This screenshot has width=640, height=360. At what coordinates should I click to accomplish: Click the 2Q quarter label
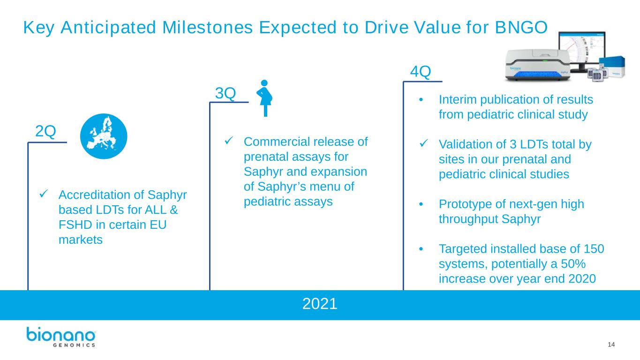[x=45, y=131]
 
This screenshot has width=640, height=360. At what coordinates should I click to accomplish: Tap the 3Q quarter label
[x=226, y=93]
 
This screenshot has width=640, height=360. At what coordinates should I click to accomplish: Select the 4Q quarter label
[x=421, y=71]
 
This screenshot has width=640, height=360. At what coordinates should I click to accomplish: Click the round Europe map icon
[x=104, y=136]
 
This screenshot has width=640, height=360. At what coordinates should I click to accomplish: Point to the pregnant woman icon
[x=264, y=98]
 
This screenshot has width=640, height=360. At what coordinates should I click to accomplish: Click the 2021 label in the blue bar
[x=320, y=304]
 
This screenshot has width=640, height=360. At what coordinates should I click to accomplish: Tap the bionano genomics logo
[x=61, y=337]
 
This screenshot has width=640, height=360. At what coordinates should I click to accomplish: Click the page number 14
[x=611, y=345]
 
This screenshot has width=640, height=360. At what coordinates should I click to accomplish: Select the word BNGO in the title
[x=521, y=28]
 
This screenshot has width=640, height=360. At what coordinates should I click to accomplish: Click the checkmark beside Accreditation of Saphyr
[x=44, y=194]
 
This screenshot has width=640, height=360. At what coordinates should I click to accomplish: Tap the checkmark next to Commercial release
[x=229, y=140]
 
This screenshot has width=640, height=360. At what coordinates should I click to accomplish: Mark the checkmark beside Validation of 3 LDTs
[x=424, y=143]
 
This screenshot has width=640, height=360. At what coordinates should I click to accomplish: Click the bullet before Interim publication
[x=421, y=100]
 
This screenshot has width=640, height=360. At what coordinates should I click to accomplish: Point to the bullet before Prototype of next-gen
[x=421, y=204]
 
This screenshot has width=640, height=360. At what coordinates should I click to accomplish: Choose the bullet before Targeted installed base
[x=421, y=249]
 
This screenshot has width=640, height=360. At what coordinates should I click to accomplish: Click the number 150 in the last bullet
[x=594, y=249]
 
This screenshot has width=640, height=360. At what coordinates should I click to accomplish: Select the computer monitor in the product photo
[x=582, y=52]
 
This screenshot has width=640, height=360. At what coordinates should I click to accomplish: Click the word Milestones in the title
[x=208, y=28]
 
